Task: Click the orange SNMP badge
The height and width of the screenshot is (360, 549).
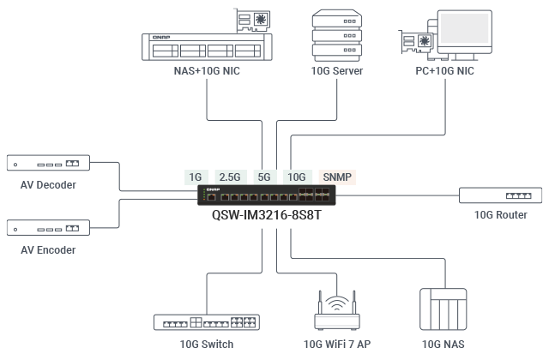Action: tap(336, 177)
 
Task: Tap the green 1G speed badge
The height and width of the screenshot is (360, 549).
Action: tap(196, 177)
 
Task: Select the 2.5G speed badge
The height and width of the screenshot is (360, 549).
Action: tap(230, 177)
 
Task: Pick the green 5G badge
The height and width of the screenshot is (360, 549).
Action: tap(263, 177)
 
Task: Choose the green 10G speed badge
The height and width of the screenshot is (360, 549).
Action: tap(296, 177)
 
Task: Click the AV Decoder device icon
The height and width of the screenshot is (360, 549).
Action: tap(48, 163)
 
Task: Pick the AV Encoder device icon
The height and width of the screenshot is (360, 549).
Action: tap(48, 228)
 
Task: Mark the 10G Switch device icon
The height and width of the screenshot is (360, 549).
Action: tap(207, 322)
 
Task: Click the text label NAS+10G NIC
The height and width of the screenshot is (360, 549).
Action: tap(207, 71)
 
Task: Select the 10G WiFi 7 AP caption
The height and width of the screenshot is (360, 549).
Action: tap(337, 344)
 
